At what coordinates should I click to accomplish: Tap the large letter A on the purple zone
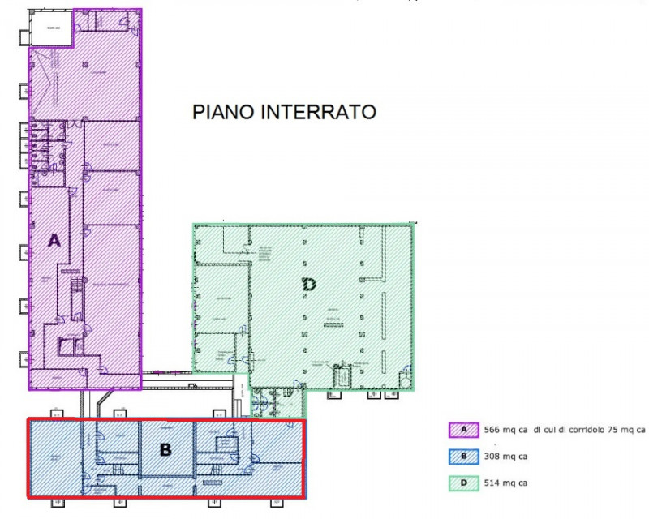click(x=54, y=240)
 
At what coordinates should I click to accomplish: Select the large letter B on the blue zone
click(x=165, y=448)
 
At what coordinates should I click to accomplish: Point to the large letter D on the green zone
click(x=309, y=284)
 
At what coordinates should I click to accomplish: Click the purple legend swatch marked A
click(x=464, y=429)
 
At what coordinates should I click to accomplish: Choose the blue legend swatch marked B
click(x=464, y=456)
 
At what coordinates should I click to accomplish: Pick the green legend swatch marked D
click(x=464, y=483)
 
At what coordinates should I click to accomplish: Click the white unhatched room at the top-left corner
click(x=52, y=31)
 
